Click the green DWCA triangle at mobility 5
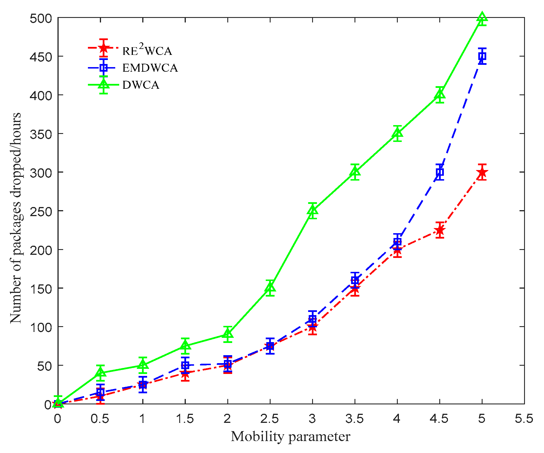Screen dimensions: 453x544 482,17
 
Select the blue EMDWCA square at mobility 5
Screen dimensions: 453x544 482,56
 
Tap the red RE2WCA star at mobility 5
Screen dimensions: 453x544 482,172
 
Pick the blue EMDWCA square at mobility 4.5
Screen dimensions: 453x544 440,172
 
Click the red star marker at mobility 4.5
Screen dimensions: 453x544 440,230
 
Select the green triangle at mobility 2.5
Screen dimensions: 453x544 270,288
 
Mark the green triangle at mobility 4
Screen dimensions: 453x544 397,133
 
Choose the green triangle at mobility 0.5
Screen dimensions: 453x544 100,373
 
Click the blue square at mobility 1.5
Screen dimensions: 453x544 185,365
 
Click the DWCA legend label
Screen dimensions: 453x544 141,85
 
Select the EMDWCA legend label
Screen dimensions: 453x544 150,68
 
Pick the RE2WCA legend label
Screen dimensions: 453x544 147,50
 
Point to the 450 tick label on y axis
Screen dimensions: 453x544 41,57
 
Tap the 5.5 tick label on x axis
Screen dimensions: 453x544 524,419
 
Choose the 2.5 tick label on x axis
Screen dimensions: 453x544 270,419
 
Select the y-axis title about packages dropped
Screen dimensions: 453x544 16,218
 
